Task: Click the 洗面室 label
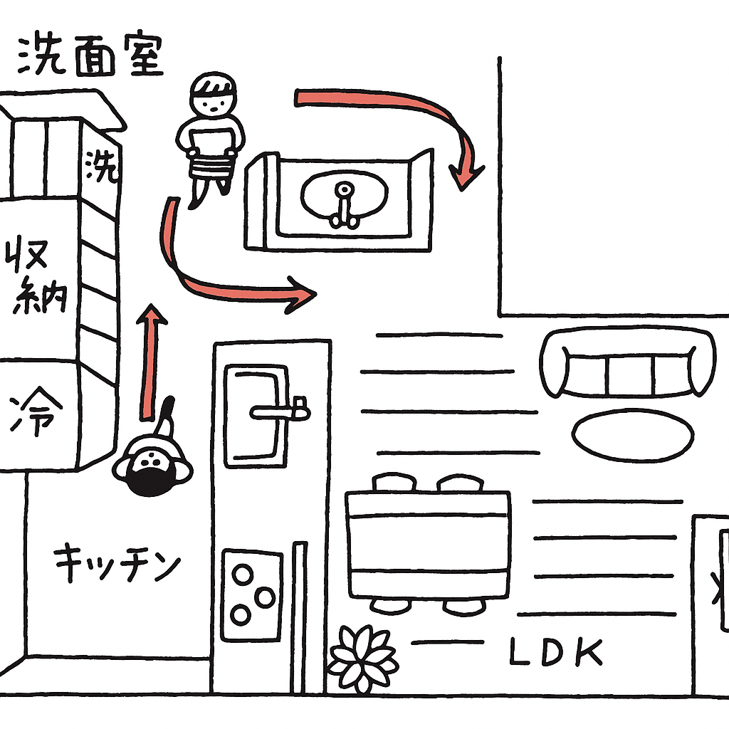[x=90, y=56]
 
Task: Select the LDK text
[x=556, y=653]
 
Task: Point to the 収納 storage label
[x=37, y=276]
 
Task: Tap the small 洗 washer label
[x=100, y=167]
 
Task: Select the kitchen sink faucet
[x=281, y=411]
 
